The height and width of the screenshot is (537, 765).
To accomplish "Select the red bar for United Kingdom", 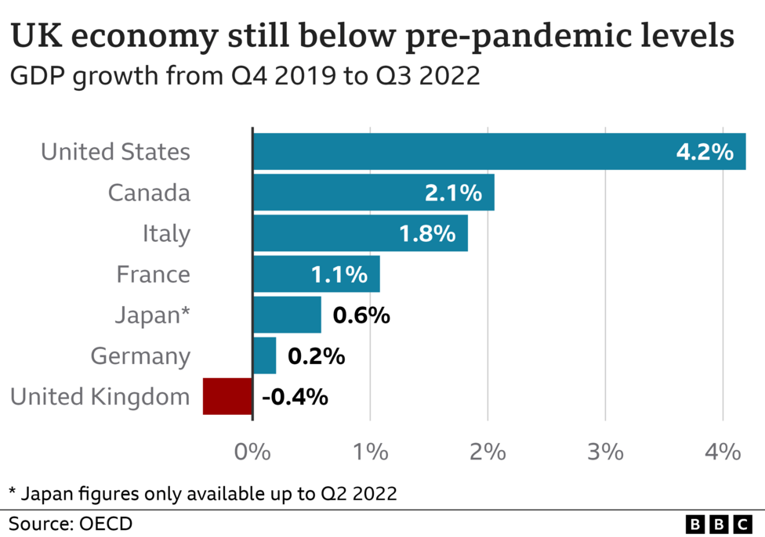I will tap(227, 397).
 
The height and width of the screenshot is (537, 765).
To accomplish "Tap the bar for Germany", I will tap(264, 356).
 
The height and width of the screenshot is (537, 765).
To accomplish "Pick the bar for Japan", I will tap(287, 315).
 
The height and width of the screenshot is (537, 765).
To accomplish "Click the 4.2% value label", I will tap(704, 152).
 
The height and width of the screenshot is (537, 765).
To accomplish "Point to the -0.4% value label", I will tap(295, 397).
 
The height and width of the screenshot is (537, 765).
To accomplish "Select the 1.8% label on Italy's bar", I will tap(427, 234).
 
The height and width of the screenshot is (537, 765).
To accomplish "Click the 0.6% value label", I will tap(361, 315).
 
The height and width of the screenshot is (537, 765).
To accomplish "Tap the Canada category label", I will tap(149, 193).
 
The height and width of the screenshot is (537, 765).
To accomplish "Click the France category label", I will tap(153, 275).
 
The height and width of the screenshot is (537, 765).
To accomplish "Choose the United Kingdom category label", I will tap(100, 397).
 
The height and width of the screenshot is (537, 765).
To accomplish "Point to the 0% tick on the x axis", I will tap(252, 452).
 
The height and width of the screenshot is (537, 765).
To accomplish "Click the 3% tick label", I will tap(605, 452).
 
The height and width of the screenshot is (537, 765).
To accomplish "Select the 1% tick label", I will tap(370, 452).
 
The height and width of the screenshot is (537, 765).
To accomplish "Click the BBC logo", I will tap(718, 524).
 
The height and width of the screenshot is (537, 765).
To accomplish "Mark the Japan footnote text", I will tap(202, 493).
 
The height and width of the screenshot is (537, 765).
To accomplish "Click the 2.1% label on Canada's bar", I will tap(453, 193).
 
